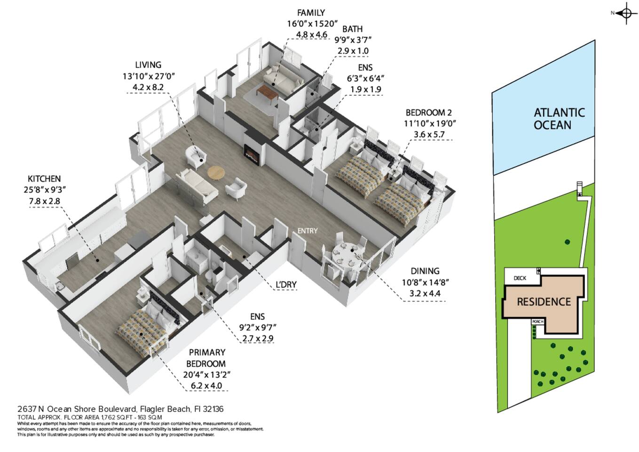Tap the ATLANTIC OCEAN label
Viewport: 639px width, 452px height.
559,119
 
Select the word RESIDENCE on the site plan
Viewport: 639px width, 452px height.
544,302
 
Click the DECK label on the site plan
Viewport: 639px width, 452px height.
520,278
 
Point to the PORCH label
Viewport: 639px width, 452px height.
538,322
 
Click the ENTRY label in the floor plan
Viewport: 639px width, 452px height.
307,231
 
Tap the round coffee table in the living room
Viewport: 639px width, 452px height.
216,173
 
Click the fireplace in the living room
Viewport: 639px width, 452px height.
252,154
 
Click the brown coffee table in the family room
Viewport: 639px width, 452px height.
267,93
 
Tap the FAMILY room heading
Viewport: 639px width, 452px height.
311,13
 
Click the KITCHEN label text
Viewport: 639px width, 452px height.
44,179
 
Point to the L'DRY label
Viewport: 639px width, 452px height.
286,284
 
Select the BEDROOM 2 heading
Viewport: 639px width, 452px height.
428,113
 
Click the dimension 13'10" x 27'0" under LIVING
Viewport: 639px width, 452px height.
149,76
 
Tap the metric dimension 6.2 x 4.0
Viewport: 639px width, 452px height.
206,386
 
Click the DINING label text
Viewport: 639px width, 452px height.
425,271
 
